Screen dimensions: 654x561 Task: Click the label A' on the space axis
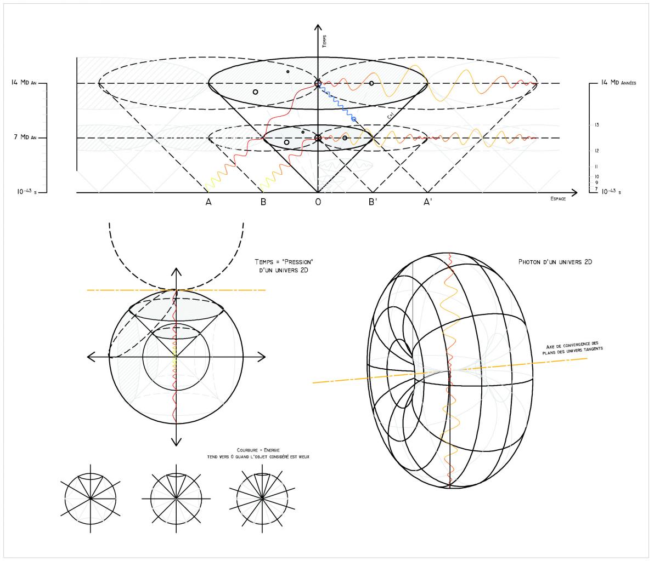[x=427, y=202]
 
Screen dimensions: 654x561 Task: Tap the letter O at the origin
[x=318, y=202]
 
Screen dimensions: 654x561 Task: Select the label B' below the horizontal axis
[x=372, y=202]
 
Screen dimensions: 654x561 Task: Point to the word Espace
[x=558, y=199]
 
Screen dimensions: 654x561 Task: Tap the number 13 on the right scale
[x=596, y=125]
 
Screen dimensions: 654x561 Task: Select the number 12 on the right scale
[x=596, y=151]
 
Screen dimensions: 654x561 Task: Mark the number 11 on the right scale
[x=596, y=167]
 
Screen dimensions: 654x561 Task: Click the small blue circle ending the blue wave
[x=353, y=119]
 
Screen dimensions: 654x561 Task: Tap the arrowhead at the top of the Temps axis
[x=318, y=28]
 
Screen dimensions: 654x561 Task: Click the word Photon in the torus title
[x=529, y=262]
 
